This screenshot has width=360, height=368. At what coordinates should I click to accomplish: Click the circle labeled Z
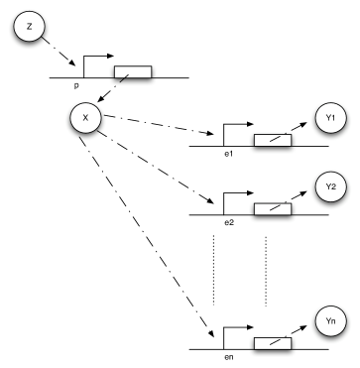(27, 25)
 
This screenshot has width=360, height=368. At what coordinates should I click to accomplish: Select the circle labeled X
(86, 120)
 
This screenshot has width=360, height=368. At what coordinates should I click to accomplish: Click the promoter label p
(75, 86)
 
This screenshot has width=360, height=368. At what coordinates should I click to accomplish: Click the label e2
(228, 222)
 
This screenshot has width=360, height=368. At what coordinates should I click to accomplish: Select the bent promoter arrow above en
(234, 331)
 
